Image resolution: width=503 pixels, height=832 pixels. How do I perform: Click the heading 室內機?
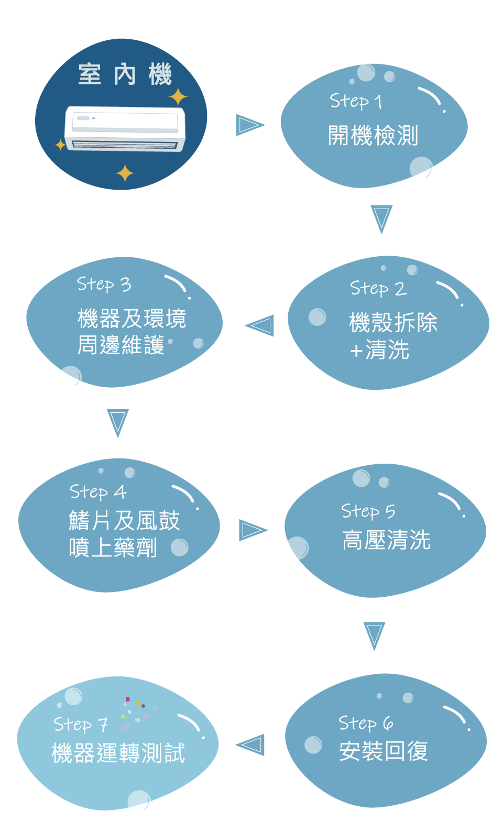[125, 74]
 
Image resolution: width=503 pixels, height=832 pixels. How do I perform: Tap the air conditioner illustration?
[125, 129]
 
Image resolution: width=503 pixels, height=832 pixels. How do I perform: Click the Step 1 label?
[356, 101]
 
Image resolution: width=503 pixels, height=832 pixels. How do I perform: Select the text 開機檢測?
[373, 136]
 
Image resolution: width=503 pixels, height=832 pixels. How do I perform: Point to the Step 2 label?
[378, 288]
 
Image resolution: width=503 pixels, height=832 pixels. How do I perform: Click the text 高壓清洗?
[386, 540]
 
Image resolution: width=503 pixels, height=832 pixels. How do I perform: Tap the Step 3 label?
[104, 284]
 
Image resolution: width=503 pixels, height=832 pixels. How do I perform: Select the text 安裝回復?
[383, 751]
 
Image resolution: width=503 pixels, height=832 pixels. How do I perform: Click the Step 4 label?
[98, 492]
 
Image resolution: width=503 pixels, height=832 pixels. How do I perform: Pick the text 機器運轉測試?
[118, 753]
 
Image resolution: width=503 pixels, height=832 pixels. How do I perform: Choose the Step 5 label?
[368, 511]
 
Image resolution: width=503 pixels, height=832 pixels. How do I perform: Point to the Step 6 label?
[366, 723]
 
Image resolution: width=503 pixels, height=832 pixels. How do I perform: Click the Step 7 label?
[81, 725]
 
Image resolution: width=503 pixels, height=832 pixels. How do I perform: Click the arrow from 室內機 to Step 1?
[250, 125]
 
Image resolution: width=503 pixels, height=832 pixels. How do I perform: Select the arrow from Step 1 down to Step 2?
[381, 218]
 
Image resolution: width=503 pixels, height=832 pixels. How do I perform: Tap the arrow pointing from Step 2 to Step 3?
[260, 325]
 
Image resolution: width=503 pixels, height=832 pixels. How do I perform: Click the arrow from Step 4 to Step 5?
[253, 530]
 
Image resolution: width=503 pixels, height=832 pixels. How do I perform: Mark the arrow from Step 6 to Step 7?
[250, 745]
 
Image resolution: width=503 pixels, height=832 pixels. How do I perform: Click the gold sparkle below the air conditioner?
[125, 173]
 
